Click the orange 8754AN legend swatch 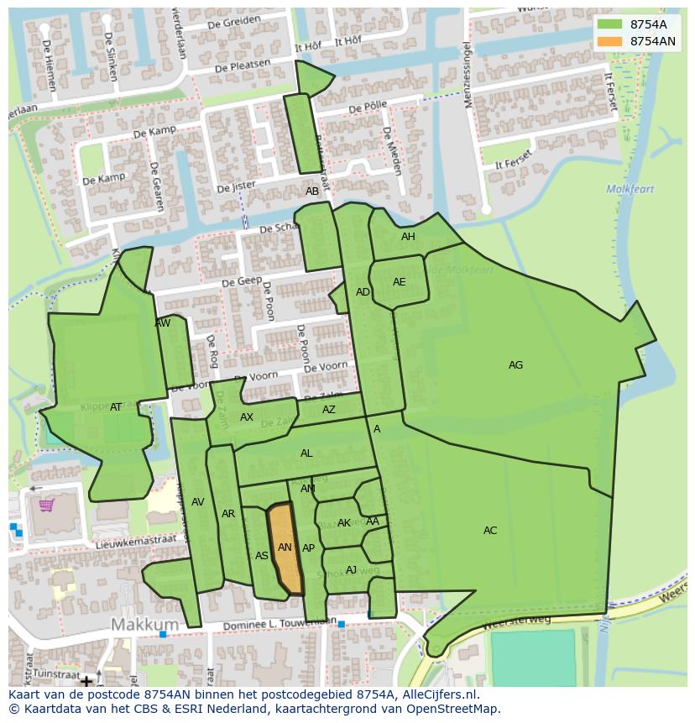(x=612, y=41)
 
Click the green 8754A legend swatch (x=612, y=24)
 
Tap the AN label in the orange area (x=285, y=547)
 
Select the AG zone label (x=515, y=365)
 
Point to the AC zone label (x=490, y=531)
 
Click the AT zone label (x=116, y=407)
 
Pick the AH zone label (x=408, y=237)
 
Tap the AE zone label (x=400, y=282)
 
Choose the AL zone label (x=306, y=453)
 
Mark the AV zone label (x=198, y=502)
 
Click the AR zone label (x=228, y=514)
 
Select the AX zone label (x=247, y=417)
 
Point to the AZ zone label (x=329, y=410)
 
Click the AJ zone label (x=351, y=570)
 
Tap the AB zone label (x=312, y=191)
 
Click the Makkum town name (x=145, y=625)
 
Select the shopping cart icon (x=47, y=505)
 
